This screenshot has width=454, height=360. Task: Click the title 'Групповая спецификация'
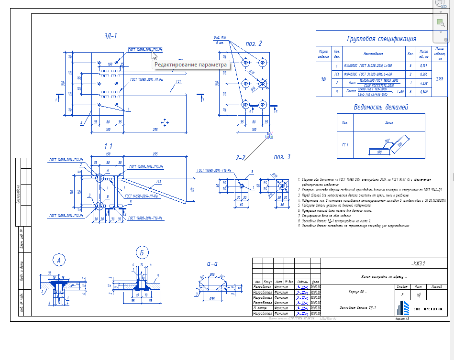(381, 39)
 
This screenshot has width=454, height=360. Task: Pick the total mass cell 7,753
(440, 78)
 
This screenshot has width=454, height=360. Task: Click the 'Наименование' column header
(374, 54)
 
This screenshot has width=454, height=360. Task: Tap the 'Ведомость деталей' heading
(381, 107)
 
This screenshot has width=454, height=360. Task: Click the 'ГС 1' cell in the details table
(345, 144)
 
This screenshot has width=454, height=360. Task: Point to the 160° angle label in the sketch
(388, 141)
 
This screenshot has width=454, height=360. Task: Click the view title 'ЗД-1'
(111, 36)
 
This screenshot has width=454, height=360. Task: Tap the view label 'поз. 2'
(254, 44)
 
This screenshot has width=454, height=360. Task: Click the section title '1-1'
(109, 145)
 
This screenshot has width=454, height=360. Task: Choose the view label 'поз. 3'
(282, 156)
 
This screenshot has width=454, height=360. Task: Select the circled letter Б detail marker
(142, 252)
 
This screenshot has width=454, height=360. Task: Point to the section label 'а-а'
(212, 263)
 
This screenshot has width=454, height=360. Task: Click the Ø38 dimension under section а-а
(211, 298)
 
